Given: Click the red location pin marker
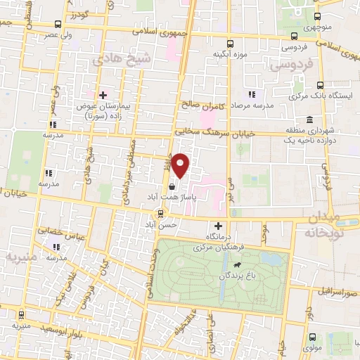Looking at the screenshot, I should (181, 166).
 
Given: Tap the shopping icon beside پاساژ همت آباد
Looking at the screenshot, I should (172, 186).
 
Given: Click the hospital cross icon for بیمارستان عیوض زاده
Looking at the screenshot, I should (103, 94).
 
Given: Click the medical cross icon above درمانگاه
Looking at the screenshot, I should (217, 226).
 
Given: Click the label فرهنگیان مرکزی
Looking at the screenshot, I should (217, 248).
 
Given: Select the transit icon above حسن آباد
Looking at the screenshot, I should (161, 213).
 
